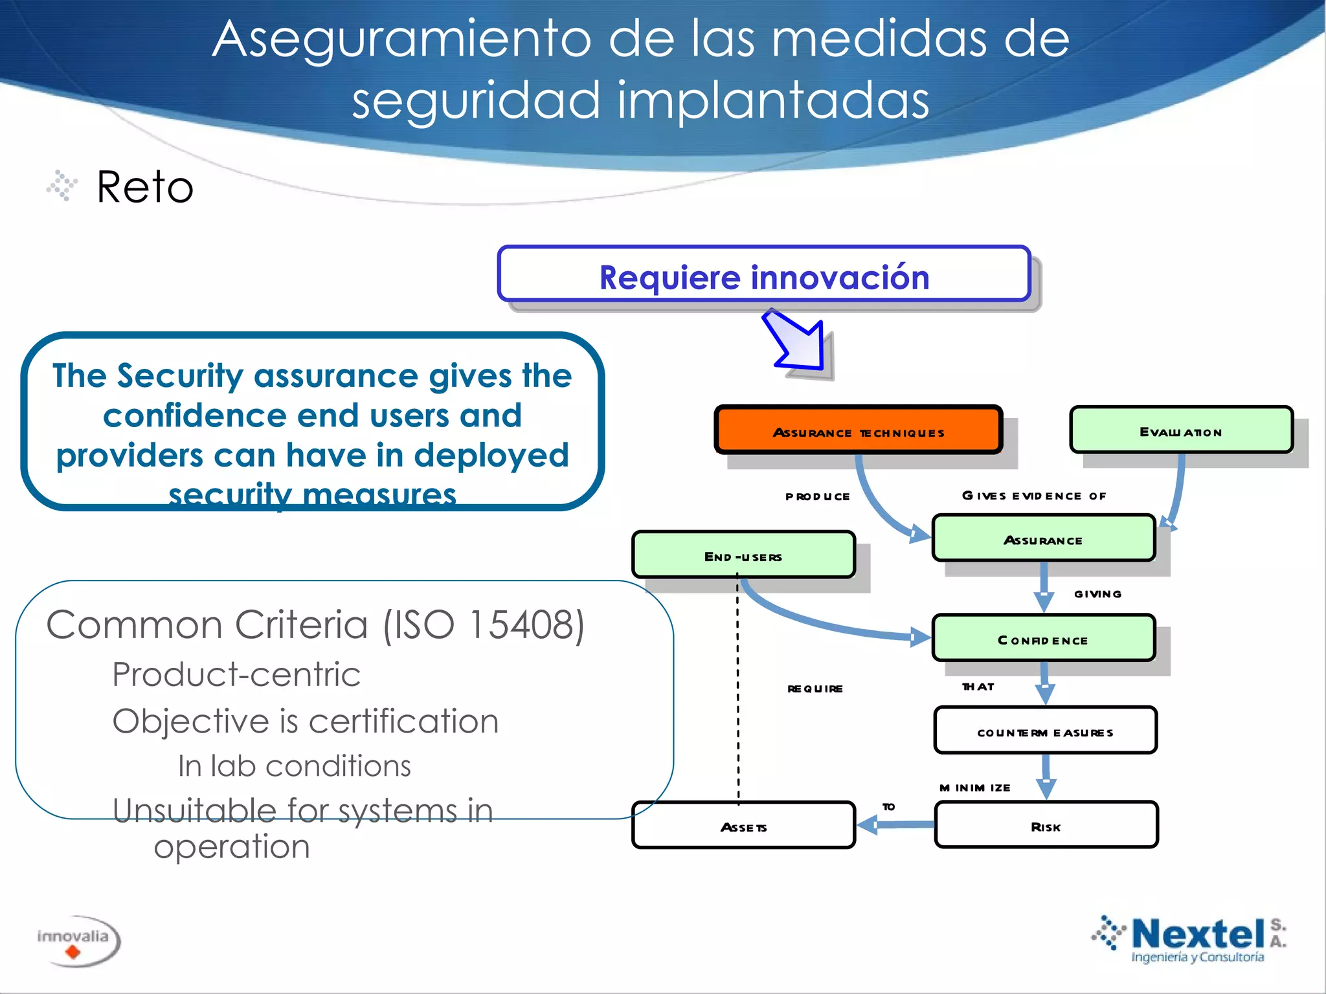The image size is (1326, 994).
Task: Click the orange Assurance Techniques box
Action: coord(859,431)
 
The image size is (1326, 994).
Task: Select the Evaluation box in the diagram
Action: coord(1181,430)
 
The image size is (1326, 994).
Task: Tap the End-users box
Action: coord(743,555)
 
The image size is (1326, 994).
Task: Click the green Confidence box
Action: coord(1043,639)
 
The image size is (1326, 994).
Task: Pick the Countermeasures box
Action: coord(1045,731)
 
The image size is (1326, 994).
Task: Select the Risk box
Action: coord(1046,826)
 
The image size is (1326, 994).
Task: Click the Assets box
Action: coord(743,826)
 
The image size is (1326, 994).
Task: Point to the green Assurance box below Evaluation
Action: coord(1043,539)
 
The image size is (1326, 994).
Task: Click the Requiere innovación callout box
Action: coord(764,276)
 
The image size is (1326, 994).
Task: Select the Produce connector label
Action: coord(817,496)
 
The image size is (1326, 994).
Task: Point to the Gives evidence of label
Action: coord(1034,496)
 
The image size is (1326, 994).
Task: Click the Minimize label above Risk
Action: coord(974,788)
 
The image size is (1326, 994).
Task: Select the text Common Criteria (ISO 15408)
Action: coord(315,625)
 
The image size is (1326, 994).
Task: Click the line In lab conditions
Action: coord(295,766)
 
